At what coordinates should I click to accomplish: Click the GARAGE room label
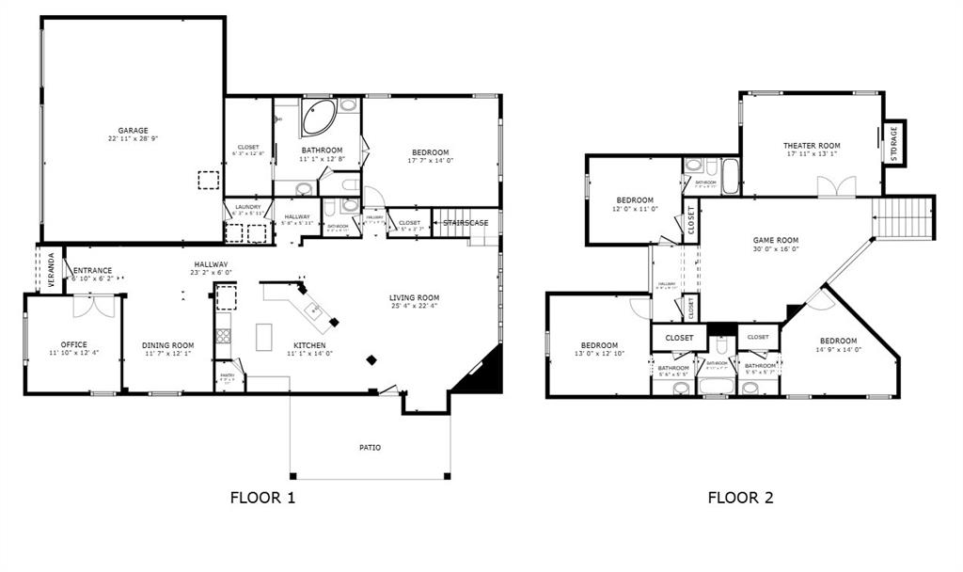pyautogui.click(x=133, y=131)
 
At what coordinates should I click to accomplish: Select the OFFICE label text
pyautogui.click(x=73, y=344)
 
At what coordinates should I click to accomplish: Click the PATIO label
pyautogui.click(x=370, y=447)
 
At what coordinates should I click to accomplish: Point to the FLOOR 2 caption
pyautogui.click(x=740, y=498)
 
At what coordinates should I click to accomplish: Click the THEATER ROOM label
pyautogui.click(x=812, y=146)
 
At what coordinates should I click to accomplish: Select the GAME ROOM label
pyautogui.click(x=775, y=241)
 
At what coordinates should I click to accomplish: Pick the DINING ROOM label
pyautogui.click(x=168, y=345)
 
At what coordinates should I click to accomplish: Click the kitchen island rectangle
pyautogui.click(x=264, y=336)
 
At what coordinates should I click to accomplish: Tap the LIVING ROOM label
pyautogui.click(x=415, y=298)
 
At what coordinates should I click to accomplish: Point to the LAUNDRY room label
pyautogui.click(x=247, y=206)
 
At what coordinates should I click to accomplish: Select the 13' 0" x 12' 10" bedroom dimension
pyautogui.click(x=598, y=354)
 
